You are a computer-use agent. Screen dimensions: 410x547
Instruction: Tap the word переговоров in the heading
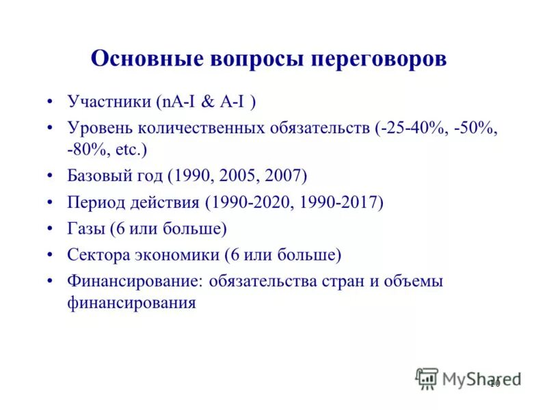379,58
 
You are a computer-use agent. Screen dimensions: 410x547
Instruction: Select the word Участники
109,102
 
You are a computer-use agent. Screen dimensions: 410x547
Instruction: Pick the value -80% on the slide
85,148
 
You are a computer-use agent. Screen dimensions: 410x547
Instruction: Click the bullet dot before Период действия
50,203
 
